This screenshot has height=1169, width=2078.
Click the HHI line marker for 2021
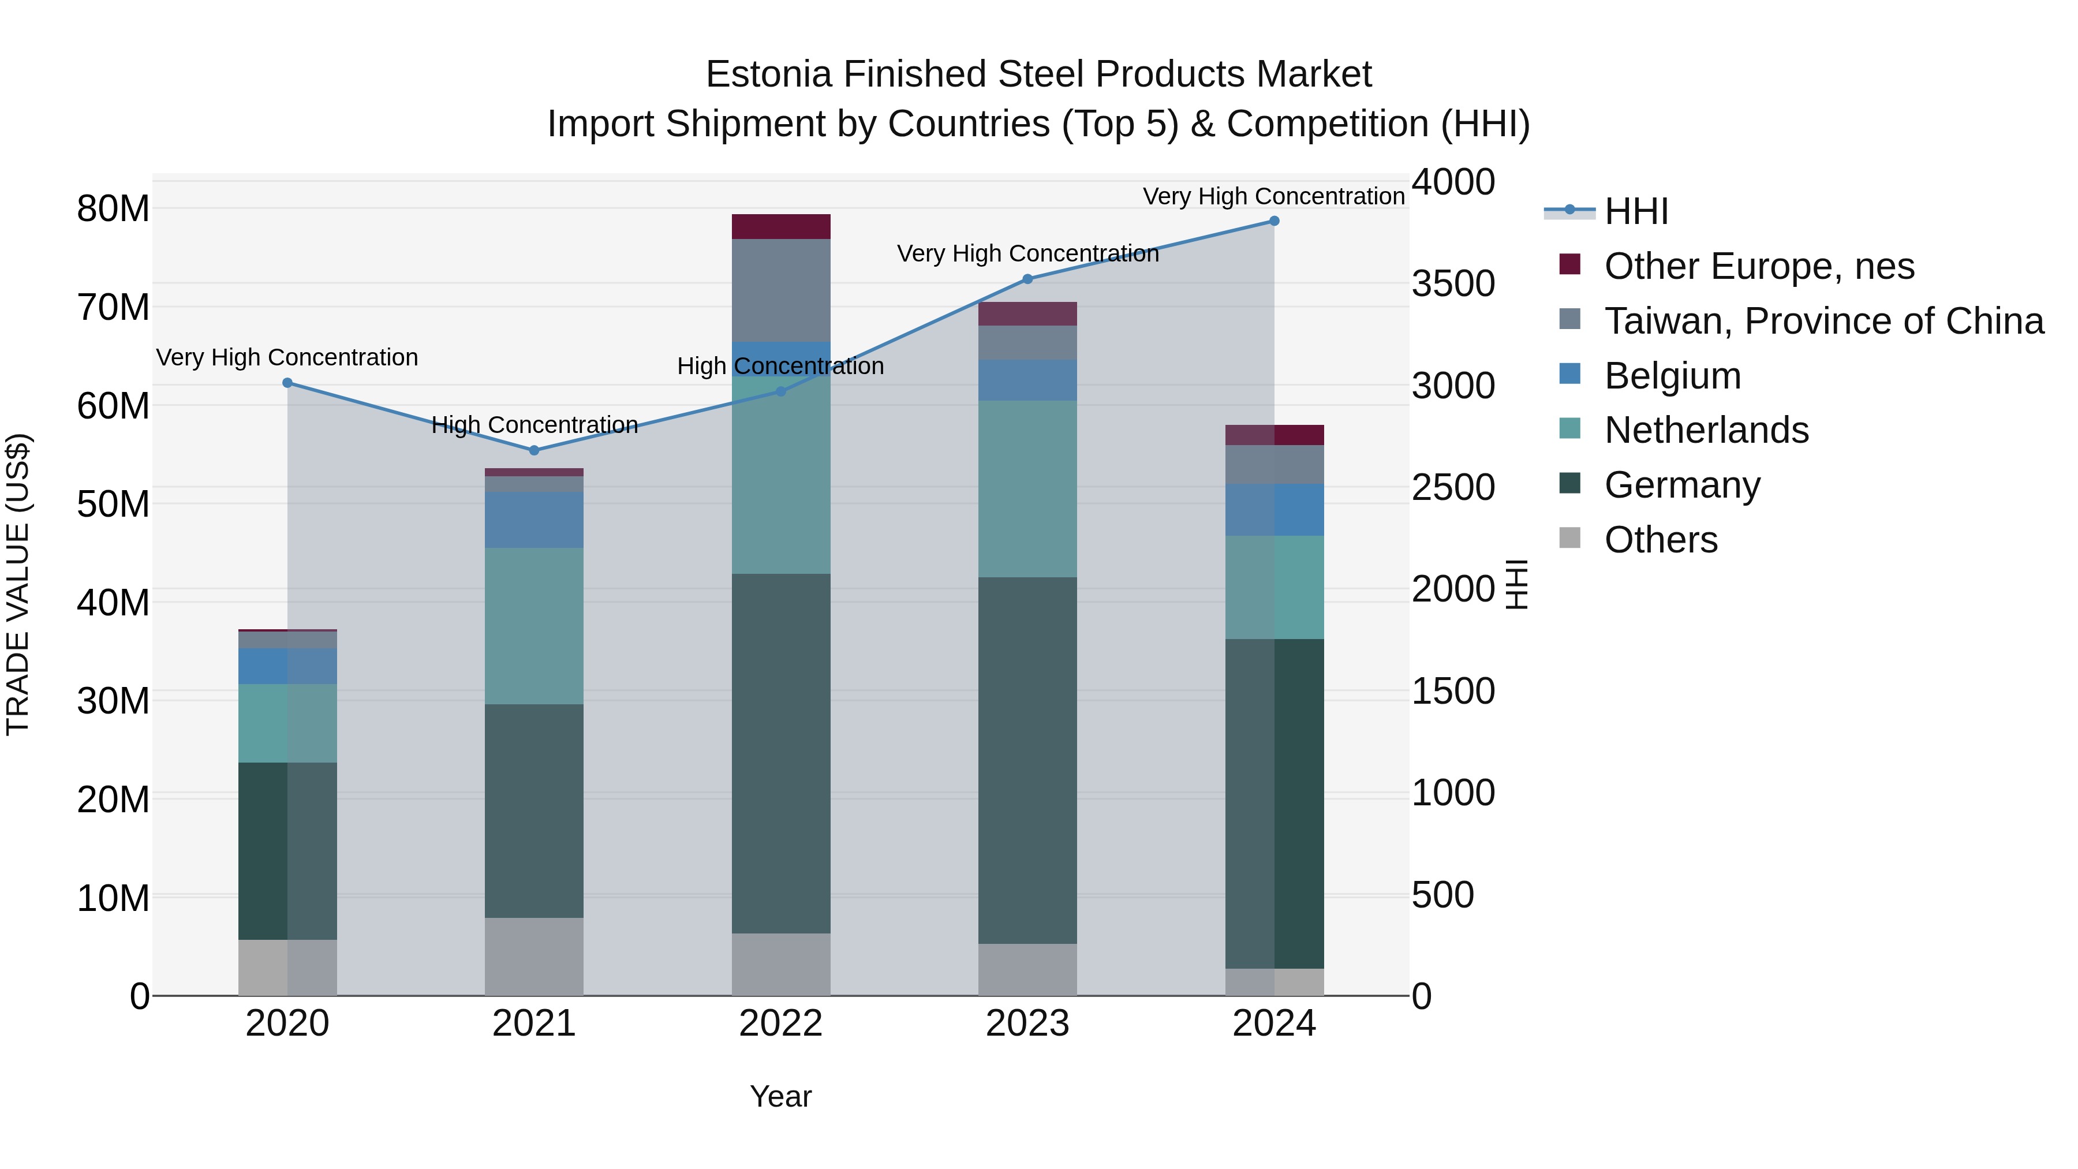pos(534,450)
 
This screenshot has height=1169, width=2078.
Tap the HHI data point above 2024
pos(1274,221)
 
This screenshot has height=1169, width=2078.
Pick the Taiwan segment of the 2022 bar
pos(781,290)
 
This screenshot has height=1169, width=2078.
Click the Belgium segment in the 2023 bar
pos(1027,380)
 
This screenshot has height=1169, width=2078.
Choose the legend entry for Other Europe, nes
pos(1759,266)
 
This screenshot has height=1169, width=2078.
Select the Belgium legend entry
pos(1672,376)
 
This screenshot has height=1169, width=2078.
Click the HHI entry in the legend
pos(1636,211)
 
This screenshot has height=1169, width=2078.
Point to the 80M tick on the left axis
pos(113,209)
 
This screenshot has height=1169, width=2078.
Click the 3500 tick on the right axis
pos(1453,284)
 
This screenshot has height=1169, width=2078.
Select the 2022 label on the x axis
pos(781,1024)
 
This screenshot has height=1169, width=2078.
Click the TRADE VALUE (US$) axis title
pos(18,584)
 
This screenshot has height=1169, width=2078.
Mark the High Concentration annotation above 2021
pos(534,424)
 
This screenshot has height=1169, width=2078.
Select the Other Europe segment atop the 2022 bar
pos(781,227)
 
